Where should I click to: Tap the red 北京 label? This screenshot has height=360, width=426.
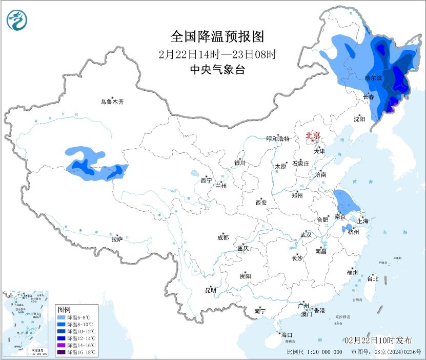coord(313,135)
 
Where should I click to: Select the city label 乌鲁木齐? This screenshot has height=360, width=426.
coord(112,102)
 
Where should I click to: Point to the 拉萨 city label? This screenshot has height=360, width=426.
coord(117,239)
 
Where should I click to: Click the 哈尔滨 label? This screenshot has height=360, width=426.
coord(373,78)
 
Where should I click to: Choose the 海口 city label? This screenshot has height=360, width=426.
coord(286,335)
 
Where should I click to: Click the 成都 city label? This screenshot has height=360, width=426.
coord(223,237)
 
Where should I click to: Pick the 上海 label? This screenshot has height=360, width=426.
coord(363,221)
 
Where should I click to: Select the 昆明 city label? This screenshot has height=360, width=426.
coord(211,290)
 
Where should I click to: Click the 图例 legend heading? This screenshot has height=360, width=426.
coord(64,310)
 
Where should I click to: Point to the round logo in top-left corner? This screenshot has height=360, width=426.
coord(17,20)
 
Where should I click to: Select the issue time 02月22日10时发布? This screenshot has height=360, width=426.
coord(378,341)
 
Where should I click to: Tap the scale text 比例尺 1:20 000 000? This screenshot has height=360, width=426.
coord(315,352)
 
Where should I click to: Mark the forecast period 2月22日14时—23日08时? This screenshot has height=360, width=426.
coord(217,54)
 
